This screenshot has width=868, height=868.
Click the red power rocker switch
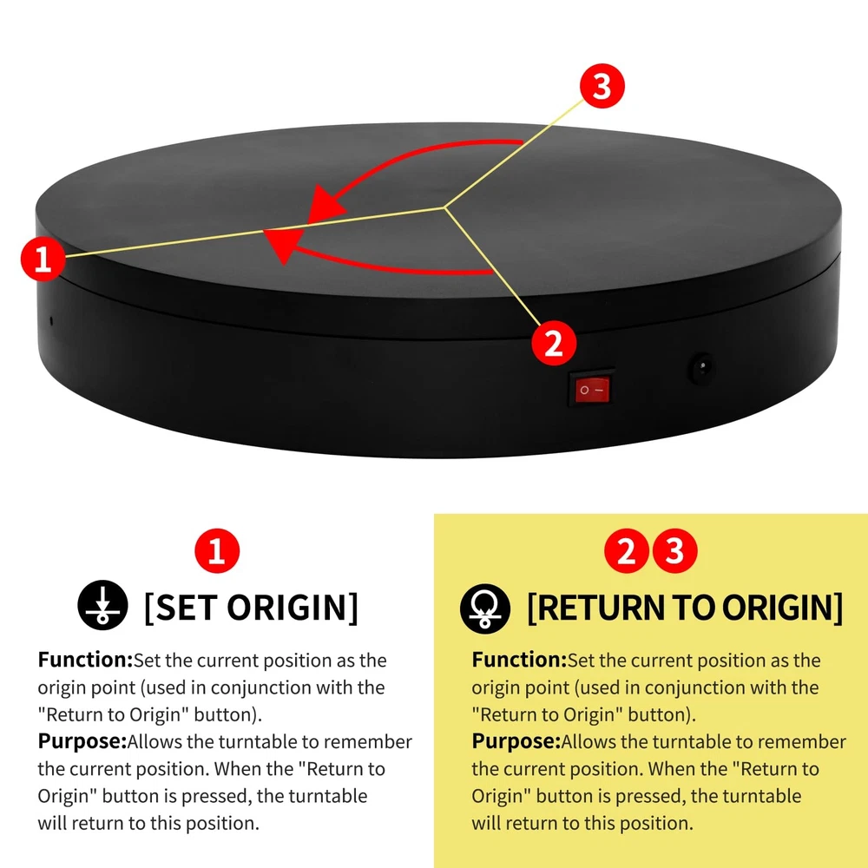(592, 389)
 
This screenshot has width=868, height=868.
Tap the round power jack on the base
(701, 367)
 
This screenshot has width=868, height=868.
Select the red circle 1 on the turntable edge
(43, 258)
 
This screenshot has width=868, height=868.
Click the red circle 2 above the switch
(554, 343)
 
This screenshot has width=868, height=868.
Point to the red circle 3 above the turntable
(602, 86)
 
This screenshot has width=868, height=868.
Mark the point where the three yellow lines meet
(444, 207)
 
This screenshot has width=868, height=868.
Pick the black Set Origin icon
(102, 605)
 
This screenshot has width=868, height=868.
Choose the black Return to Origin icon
(485, 608)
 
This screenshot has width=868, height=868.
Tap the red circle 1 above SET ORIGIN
(217, 551)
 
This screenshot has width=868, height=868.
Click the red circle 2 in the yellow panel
(626, 551)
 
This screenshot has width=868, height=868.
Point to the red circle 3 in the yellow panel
(674, 551)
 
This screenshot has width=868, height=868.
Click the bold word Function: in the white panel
(85, 660)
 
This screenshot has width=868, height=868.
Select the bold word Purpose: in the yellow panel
(516, 742)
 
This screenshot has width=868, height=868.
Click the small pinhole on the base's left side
(52, 320)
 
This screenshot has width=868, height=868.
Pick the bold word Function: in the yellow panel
(519, 660)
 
